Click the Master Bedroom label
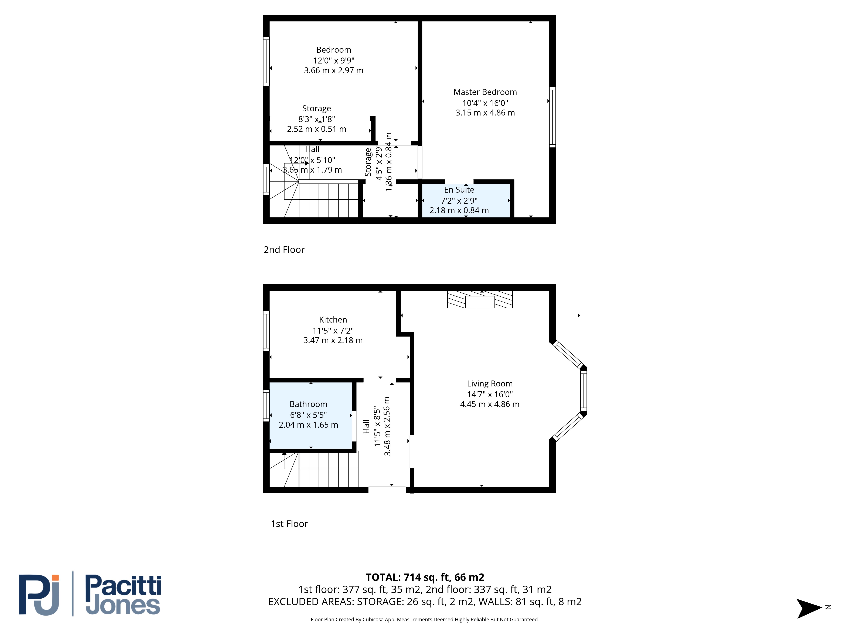[485, 92]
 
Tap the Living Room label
[490, 384]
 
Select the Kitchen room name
[333, 320]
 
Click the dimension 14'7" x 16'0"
[490, 394]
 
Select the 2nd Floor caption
[284, 249]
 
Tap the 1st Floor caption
[289, 524]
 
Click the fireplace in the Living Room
[480, 299]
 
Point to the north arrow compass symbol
[809, 608]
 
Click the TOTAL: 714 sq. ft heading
[425, 577]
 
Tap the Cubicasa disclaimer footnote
[425, 619]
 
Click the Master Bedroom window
[552, 117]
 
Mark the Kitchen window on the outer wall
[266, 331]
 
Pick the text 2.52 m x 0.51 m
[317, 129]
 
